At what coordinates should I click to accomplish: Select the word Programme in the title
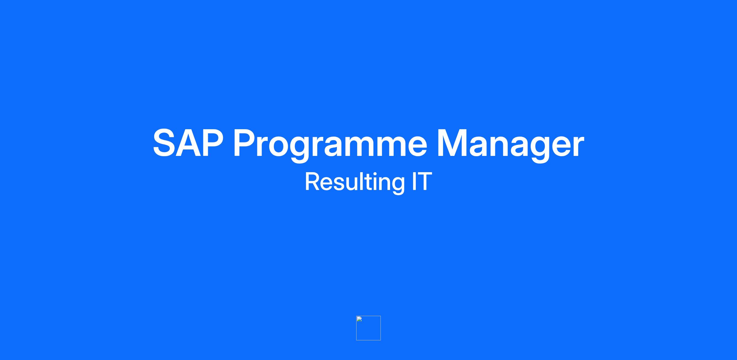(x=330, y=145)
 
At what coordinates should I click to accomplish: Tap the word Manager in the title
(x=511, y=145)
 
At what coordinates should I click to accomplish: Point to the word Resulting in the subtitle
(x=355, y=183)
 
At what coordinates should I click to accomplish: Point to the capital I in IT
(x=414, y=182)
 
